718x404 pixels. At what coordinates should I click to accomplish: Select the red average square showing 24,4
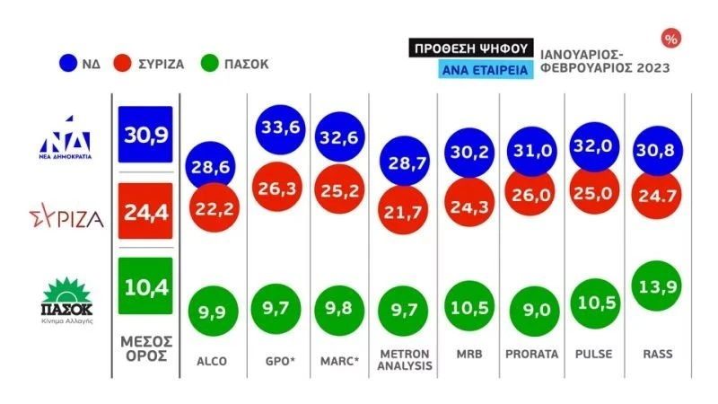145,215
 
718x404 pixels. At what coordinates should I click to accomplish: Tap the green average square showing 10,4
145,286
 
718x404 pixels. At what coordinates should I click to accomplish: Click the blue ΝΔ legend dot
67,64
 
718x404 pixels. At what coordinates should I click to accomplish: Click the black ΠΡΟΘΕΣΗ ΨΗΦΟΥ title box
471,48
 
